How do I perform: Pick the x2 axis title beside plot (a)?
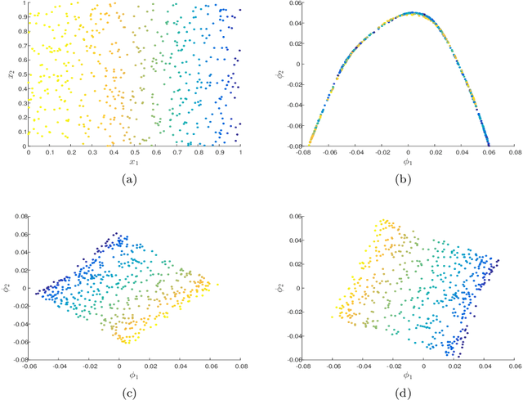point(9,74)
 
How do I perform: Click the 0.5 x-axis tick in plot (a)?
point(135,152)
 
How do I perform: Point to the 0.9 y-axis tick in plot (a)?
point(20,17)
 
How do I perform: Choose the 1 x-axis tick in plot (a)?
point(240,152)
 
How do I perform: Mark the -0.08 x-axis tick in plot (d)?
point(305,365)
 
